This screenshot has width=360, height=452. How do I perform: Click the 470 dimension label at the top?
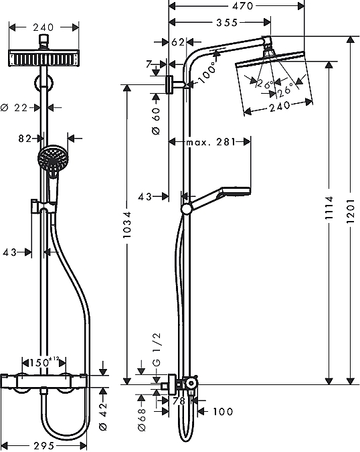click(243, 6)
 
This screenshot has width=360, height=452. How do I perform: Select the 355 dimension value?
click(228, 23)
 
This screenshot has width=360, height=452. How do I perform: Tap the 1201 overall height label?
click(350, 211)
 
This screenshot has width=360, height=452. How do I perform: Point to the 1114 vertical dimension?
click(329, 208)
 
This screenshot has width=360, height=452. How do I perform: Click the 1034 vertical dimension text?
click(127, 225)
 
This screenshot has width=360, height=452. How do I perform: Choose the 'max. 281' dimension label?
click(211, 142)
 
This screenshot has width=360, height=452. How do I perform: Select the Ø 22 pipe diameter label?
click(14, 108)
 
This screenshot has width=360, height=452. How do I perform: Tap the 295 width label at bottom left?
click(44, 446)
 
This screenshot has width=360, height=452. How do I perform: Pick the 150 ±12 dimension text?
click(43, 362)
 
